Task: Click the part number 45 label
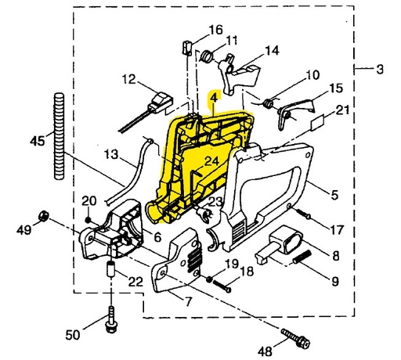click(38, 142)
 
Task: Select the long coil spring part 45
click(59, 136)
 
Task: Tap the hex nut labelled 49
click(43, 216)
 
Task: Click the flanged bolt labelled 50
click(111, 319)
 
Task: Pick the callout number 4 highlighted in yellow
click(214, 98)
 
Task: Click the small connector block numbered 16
click(186, 47)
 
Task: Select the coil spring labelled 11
click(207, 56)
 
